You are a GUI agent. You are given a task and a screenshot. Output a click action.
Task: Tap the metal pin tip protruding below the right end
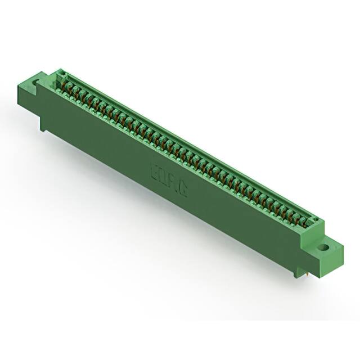[x=308, y=273]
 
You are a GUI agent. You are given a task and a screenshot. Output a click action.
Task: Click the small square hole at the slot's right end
[x=316, y=220]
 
